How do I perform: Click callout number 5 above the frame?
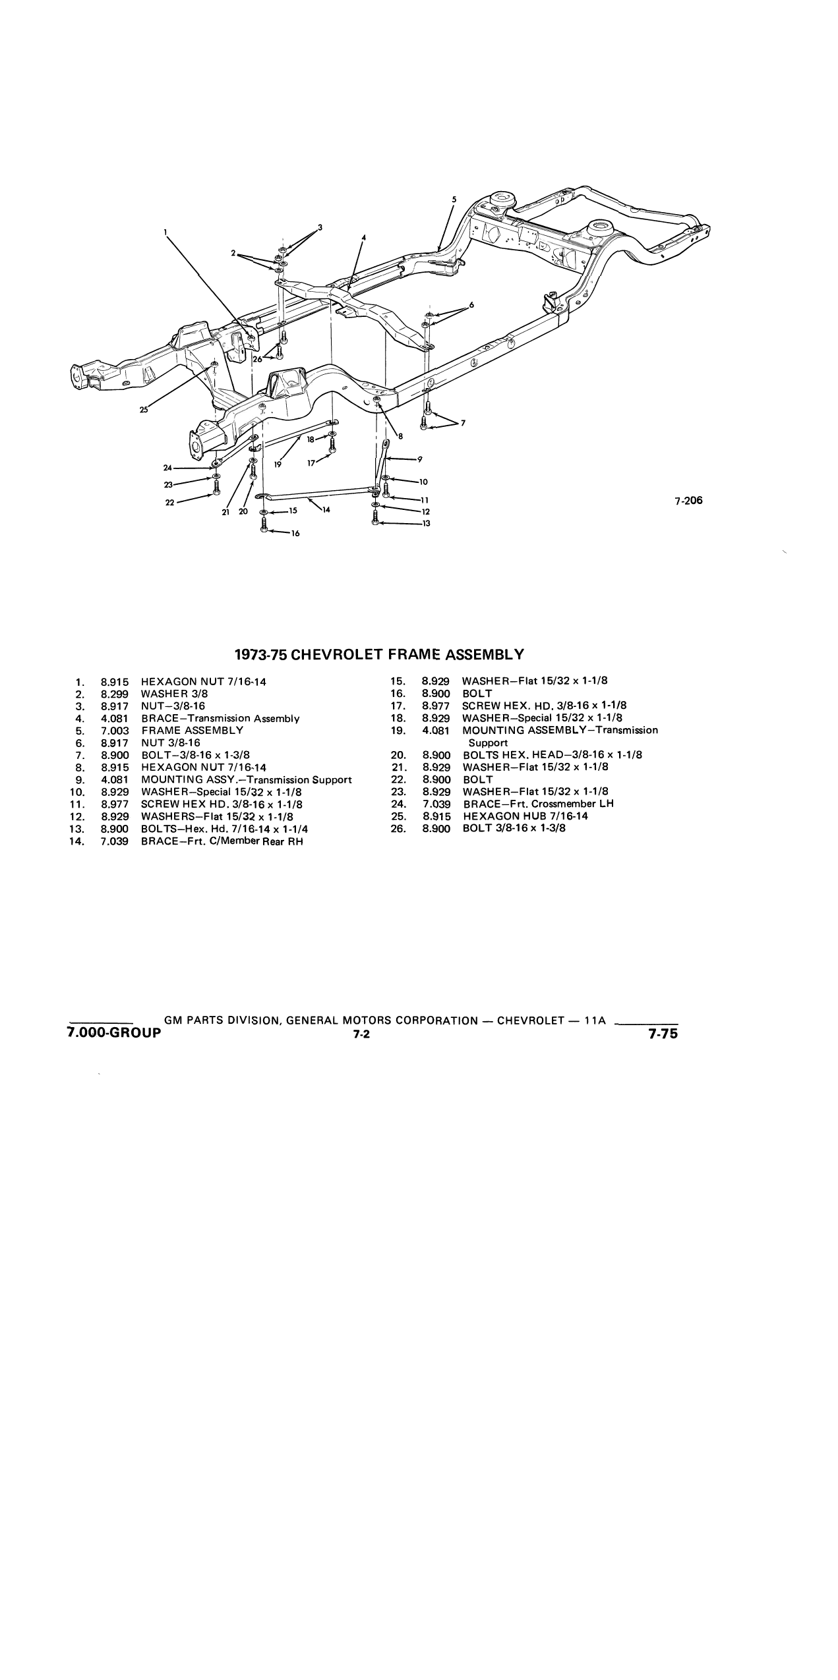click(x=454, y=199)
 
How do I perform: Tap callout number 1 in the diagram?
click(x=165, y=232)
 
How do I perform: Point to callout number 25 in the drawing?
click(x=144, y=410)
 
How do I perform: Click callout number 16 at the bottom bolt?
click(x=295, y=534)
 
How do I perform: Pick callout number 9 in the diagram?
click(x=419, y=459)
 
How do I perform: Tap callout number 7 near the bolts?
click(x=463, y=423)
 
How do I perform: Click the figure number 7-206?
click(x=688, y=500)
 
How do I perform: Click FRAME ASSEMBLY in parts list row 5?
click(x=192, y=731)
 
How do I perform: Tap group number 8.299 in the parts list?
click(x=115, y=694)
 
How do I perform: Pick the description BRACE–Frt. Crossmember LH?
click(x=539, y=804)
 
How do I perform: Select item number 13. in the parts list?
click(x=77, y=829)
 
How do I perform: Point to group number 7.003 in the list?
click(x=115, y=731)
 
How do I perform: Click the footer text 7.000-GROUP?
click(x=113, y=1032)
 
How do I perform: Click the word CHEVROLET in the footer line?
click(x=531, y=1021)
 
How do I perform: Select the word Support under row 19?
click(x=489, y=743)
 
